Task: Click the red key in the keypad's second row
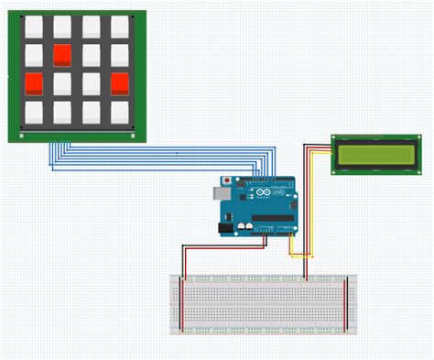pos(62,56)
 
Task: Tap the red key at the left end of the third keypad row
pos(34,84)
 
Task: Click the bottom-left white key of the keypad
pos(34,114)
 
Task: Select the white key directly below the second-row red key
pos(62,84)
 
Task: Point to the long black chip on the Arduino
pos(273,219)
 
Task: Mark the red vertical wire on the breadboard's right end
pos(345,303)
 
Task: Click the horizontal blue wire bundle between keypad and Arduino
pos(165,158)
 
